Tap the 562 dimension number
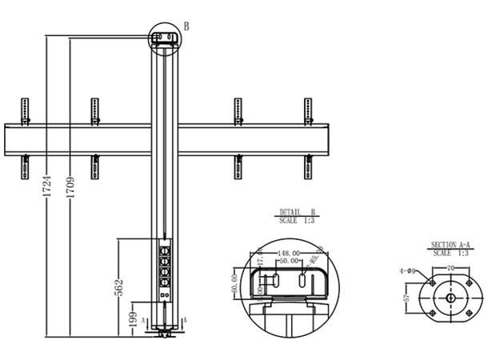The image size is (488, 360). click(x=119, y=286)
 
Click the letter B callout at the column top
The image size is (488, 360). click(x=186, y=26)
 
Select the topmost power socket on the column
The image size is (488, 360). click(x=166, y=249)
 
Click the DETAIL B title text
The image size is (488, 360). click(x=297, y=212)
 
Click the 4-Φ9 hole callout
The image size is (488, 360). click(x=410, y=270)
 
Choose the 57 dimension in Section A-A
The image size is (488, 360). click(x=407, y=298)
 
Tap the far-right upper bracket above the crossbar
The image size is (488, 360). click(x=308, y=110)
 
